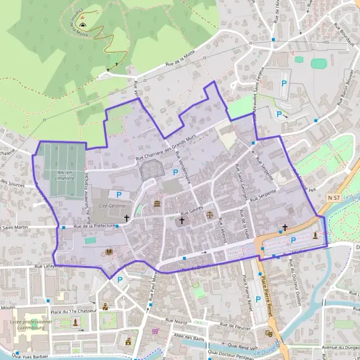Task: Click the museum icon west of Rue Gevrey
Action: tap(157, 205)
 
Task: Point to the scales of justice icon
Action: tap(209, 212)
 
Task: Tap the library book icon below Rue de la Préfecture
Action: tap(109, 253)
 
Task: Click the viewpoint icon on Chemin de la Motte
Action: tap(83, 26)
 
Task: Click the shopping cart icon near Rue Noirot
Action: tap(155, 330)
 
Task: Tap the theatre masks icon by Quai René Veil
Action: tap(268, 333)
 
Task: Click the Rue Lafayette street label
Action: tap(50, 265)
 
